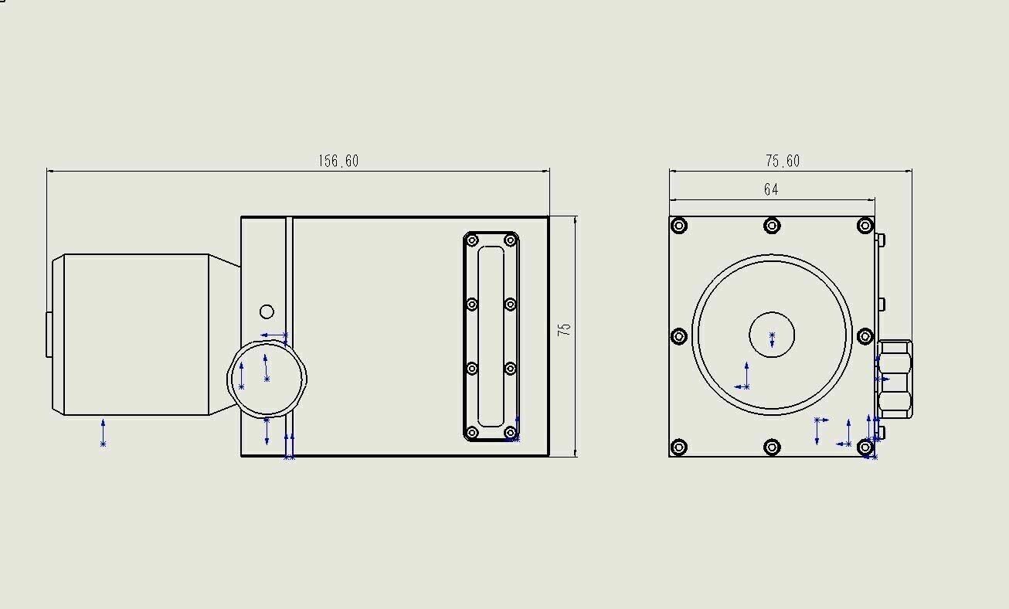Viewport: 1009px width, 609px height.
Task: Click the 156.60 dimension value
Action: (338, 161)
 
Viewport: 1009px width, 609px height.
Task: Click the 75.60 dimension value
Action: (783, 161)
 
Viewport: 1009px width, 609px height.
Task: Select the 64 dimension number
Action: (771, 189)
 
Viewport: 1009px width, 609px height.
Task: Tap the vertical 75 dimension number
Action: (564, 329)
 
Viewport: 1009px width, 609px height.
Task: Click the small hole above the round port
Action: (267, 311)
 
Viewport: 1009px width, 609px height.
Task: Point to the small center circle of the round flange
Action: (772, 335)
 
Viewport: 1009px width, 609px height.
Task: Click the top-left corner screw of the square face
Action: (679, 226)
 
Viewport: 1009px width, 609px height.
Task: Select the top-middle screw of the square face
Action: (772, 226)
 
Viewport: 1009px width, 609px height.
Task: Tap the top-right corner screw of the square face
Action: (865, 226)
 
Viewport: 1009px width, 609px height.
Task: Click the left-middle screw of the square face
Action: (679, 336)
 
